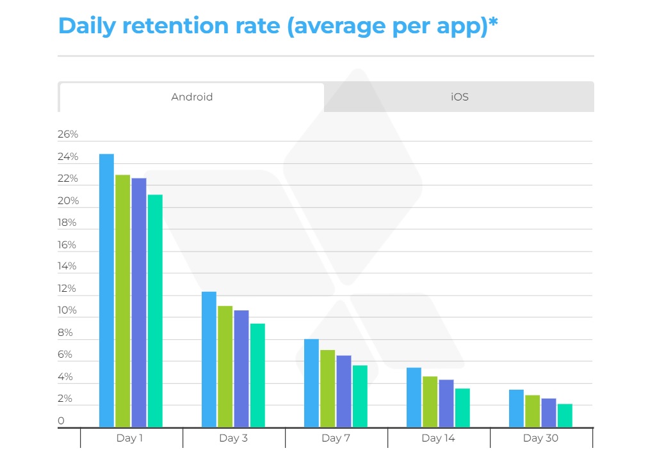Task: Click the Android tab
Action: pos(192,97)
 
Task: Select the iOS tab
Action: pos(459,97)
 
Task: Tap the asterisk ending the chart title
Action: pos(493,24)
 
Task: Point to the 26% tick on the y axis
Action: pos(67,134)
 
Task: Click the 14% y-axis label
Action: pos(67,266)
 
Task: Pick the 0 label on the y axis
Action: pos(61,420)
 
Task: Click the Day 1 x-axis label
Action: pos(129,438)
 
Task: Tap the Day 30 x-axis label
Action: pos(541,438)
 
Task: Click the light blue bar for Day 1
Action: pos(106,291)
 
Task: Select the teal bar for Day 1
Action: pos(155,310)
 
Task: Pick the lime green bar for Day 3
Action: pos(225,366)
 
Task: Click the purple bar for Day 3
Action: pos(241,369)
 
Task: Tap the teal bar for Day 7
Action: pos(360,396)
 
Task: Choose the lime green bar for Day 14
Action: pos(430,401)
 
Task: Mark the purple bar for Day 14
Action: pos(446,403)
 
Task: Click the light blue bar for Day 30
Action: pos(516,408)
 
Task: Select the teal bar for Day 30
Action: pos(565,415)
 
